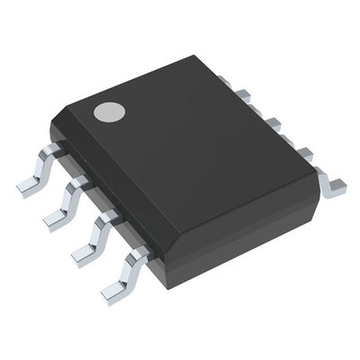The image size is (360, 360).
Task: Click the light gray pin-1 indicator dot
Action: pos(110,112)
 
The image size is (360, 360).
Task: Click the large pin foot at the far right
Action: pos(334,184)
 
